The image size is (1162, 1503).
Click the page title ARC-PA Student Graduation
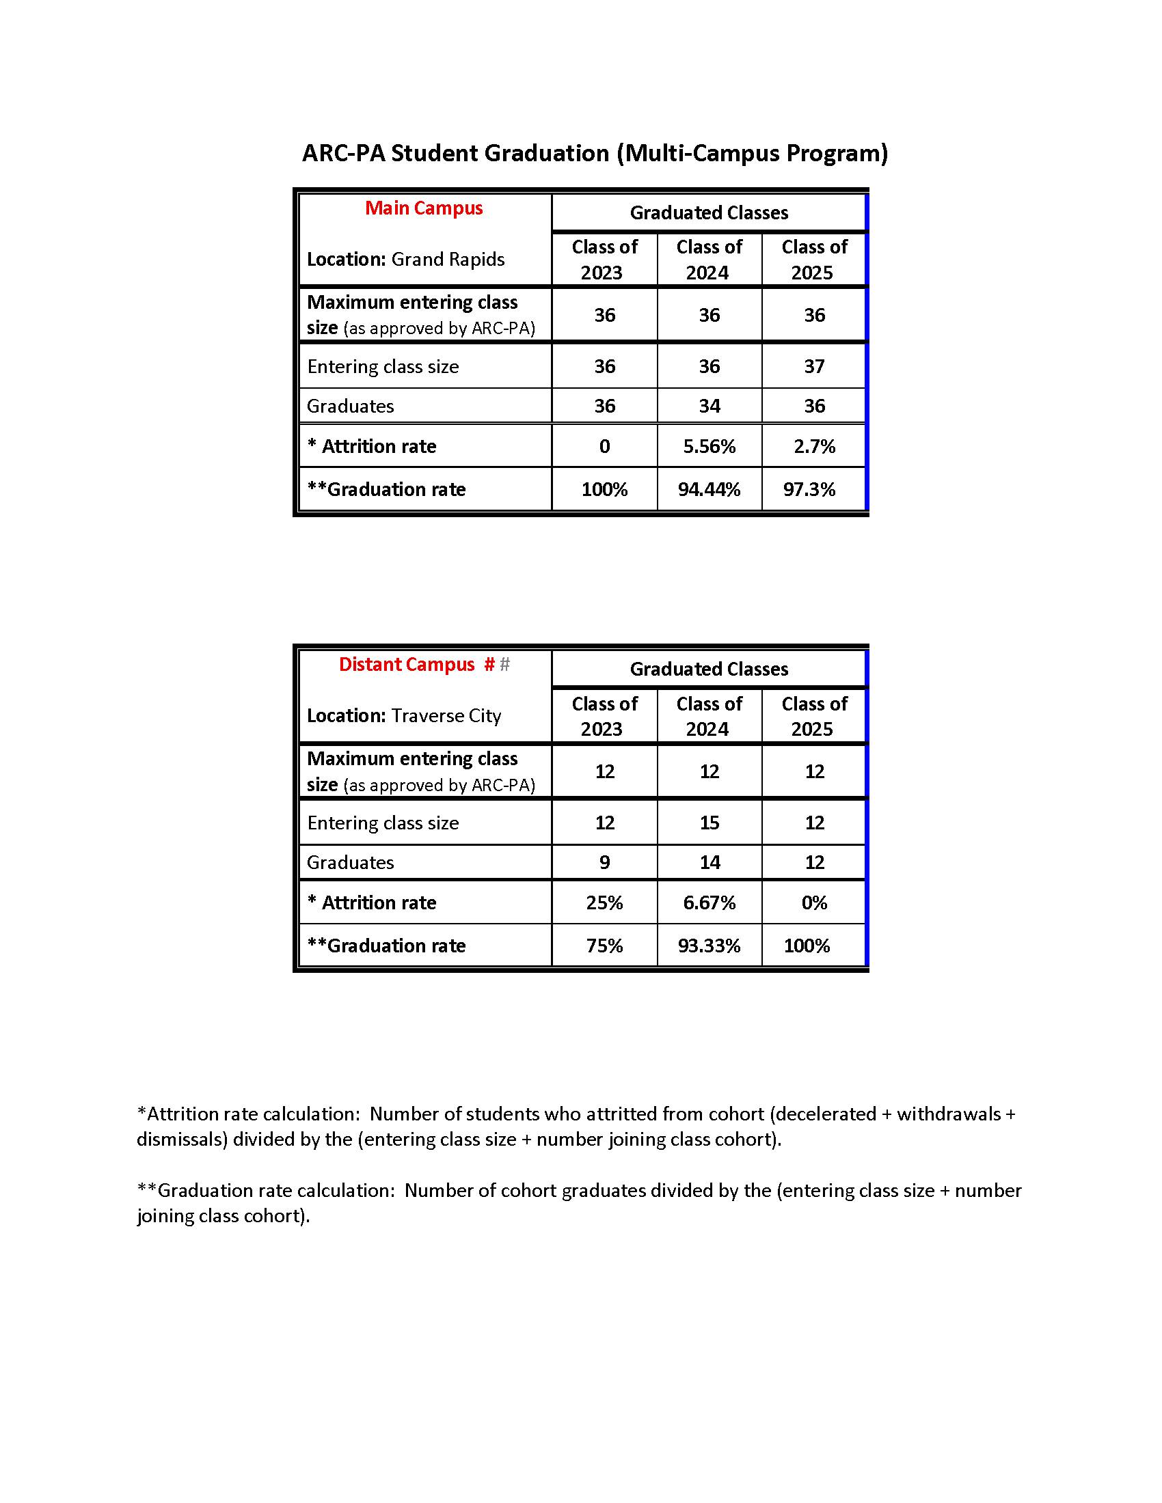tap(595, 153)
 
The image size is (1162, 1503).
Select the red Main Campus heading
tap(423, 208)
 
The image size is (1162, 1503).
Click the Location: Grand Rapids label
tap(405, 260)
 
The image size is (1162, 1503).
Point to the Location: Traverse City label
tap(403, 716)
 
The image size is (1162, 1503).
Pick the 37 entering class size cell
tap(813, 366)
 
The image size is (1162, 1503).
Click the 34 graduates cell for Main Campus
tap(709, 406)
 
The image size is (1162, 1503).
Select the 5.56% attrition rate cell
tap(709, 447)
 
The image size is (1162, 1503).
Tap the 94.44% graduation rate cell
tap(709, 489)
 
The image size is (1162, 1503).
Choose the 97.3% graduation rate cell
tap(809, 489)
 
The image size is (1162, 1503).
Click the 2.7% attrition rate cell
tap(813, 447)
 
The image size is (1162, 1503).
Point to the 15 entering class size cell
tap(709, 823)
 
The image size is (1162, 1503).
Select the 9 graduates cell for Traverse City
tap(604, 862)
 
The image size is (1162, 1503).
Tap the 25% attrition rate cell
tap(604, 902)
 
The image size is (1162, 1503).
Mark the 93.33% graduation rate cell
tap(709, 946)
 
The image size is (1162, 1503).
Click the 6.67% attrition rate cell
tap(709, 902)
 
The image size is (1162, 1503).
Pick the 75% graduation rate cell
tap(604, 946)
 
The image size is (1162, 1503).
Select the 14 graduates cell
tap(709, 862)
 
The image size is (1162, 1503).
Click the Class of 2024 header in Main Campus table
tap(709, 260)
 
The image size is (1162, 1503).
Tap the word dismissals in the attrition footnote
tap(181, 1140)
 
